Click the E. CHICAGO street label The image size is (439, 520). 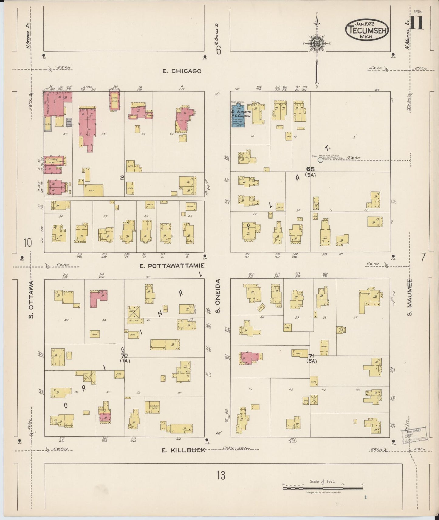click(182, 71)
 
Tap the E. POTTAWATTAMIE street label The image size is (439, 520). click(172, 266)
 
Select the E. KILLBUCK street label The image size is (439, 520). click(183, 450)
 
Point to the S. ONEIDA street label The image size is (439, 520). click(218, 296)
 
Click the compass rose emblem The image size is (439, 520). click(317, 44)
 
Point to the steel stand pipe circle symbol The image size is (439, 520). click(320, 160)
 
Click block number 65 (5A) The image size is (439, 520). click(310, 171)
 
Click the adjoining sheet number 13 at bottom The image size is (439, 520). click(221, 475)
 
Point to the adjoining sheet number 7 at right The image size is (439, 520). click(423, 257)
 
